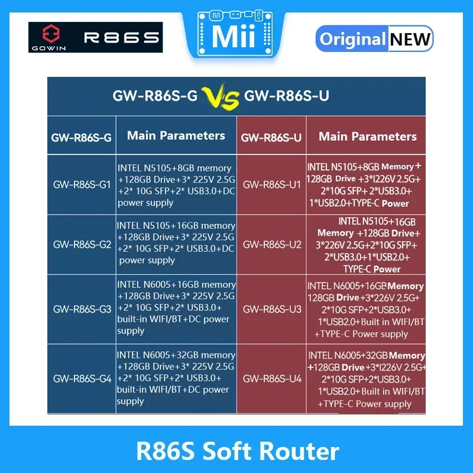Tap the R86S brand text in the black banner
tap(122, 38)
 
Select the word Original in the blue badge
tap(352, 39)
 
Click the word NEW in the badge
tap(410, 39)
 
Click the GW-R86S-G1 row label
tap(82, 184)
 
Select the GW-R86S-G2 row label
tap(82, 244)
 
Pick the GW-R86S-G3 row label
tap(82, 309)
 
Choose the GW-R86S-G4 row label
tap(82, 378)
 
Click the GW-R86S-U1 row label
tap(272, 184)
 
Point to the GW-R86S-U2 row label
tap(272, 244)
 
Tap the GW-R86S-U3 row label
tap(272, 309)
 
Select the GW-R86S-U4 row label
tap(272, 378)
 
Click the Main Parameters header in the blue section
tap(176, 135)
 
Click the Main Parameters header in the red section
tap(368, 137)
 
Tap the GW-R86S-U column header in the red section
tap(271, 138)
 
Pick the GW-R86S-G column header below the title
tap(82, 138)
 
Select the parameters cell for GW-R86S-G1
tap(176, 185)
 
